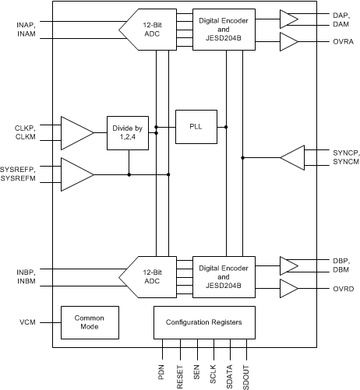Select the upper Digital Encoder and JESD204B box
click(x=224, y=29)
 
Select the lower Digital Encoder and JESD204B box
click(x=224, y=276)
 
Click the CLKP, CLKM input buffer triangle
click(x=75, y=132)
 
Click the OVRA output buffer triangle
click(x=288, y=41)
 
